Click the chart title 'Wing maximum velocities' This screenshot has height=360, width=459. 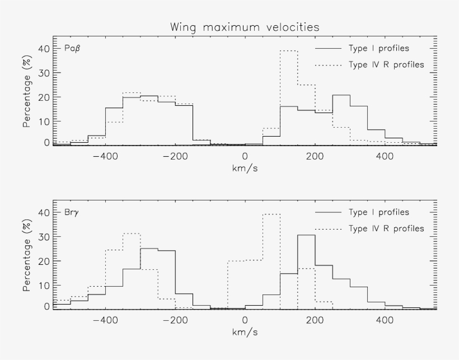[245, 27]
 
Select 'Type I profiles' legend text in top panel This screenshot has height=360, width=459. [378, 48]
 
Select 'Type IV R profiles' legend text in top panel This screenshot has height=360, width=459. [386, 64]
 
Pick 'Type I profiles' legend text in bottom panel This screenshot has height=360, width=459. [378, 212]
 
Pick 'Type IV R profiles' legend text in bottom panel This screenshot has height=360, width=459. [386, 228]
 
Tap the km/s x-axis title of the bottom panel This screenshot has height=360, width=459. [245, 331]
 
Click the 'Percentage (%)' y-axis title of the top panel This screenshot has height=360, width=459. [26, 92]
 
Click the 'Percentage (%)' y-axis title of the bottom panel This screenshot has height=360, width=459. [26, 256]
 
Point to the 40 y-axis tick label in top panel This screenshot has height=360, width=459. [44, 49]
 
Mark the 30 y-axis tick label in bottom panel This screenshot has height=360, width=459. [44, 237]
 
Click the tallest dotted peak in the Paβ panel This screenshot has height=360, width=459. [288, 51]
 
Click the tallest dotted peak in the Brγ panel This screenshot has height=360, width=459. [271, 214]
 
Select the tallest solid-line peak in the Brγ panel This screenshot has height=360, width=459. [306, 235]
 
